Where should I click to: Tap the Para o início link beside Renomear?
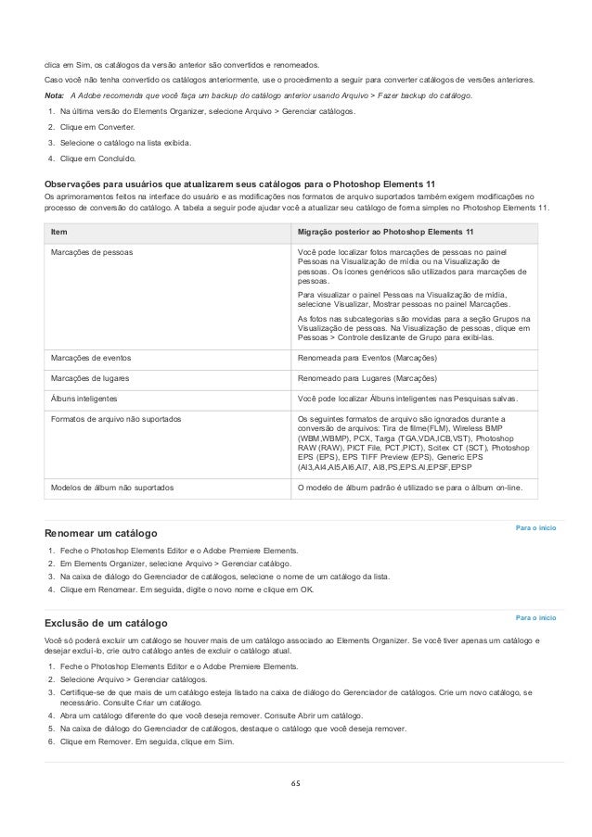tap(536, 527)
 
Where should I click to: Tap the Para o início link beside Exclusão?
tap(536, 615)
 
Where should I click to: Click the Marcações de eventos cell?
tap(91, 358)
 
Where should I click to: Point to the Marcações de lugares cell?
tap(90, 379)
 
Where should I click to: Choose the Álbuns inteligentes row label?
tap(84, 399)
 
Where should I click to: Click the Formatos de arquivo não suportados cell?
tap(116, 421)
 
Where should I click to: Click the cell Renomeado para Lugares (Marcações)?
tap(367, 379)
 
